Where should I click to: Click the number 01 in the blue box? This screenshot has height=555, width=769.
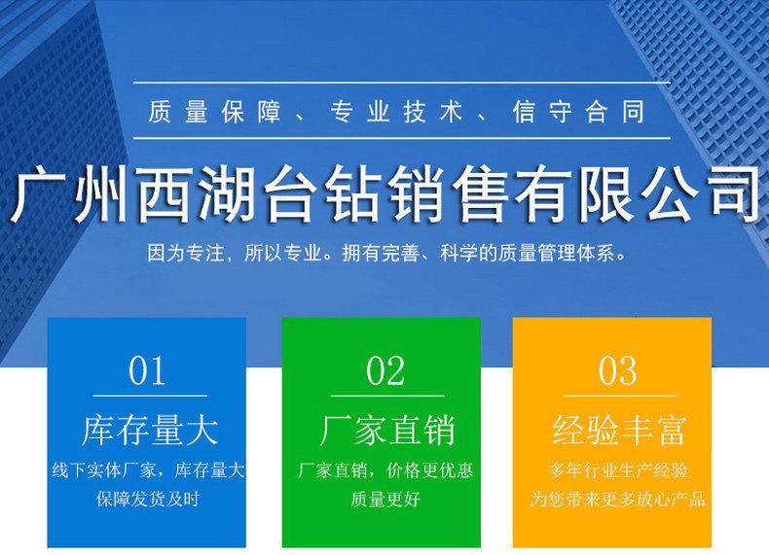[x=146, y=371]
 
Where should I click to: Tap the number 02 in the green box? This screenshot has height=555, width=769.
[x=385, y=371]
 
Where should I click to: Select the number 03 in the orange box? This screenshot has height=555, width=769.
[x=617, y=371]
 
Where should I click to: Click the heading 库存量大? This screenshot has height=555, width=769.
[x=150, y=430]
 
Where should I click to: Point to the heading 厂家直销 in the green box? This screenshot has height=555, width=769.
[x=387, y=430]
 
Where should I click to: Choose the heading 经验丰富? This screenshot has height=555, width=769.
[x=618, y=430]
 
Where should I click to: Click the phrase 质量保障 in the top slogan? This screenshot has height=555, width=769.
[x=215, y=112]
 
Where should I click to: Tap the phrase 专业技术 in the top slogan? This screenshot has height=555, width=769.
[x=396, y=112]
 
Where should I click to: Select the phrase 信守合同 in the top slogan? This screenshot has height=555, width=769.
[x=579, y=112]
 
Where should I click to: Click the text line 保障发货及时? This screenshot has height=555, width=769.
[x=148, y=499]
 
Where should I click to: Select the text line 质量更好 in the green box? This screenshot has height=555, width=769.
[x=385, y=499]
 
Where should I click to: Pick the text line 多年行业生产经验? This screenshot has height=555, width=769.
[x=618, y=470]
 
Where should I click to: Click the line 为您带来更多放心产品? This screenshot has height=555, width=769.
[x=617, y=499]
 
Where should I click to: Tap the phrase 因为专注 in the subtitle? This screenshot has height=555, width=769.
[x=185, y=253]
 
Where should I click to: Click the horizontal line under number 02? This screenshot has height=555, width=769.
[x=387, y=396]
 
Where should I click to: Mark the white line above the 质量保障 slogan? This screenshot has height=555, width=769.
[x=402, y=83]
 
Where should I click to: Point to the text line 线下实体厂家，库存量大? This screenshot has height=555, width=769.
[x=148, y=470]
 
